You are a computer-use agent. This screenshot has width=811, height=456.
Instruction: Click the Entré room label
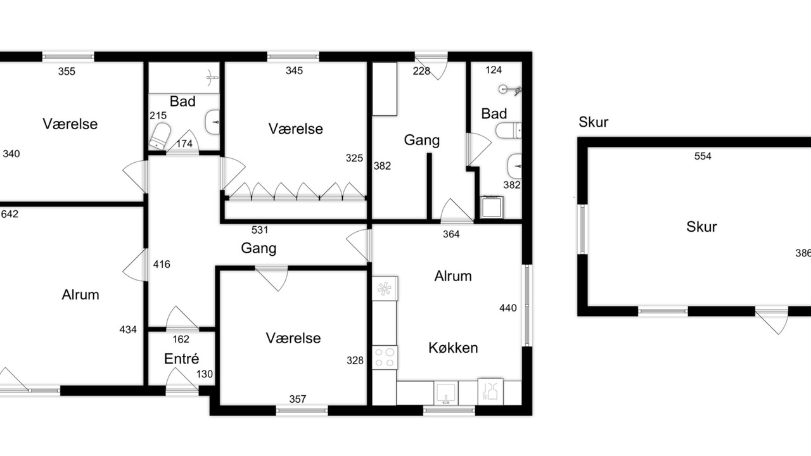coord(181,358)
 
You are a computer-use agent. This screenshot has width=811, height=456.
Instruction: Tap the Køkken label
coord(453,348)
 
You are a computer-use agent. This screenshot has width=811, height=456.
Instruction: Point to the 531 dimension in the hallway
coord(260,230)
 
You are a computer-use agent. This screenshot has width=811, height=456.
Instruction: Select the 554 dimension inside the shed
coord(703,156)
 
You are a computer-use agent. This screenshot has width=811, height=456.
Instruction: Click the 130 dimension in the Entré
coord(204,374)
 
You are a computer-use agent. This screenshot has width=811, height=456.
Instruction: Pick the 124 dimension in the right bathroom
coord(494,70)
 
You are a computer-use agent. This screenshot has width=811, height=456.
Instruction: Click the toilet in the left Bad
coord(160,136)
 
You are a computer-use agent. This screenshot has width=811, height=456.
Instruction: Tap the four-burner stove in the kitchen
coord(385,358)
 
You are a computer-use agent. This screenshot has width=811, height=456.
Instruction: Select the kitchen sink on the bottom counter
coord(446,393)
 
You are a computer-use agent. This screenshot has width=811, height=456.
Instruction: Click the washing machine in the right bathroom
coord(492,207)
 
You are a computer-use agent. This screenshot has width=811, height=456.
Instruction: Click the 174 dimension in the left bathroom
coord(184,144)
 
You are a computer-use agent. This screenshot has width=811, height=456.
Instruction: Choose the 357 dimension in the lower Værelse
coord(298,399)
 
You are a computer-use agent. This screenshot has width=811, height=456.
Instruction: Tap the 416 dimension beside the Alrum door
coord(162,264)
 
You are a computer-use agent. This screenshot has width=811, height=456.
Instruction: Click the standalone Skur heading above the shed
coord(594,122)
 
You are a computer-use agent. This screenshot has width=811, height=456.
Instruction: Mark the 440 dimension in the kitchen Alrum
coord(508,308)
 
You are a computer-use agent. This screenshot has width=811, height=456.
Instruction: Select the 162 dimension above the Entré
coord(181,339)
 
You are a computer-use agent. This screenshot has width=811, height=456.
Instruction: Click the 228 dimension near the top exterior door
coord(421,71)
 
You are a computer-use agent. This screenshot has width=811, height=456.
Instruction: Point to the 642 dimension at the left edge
coord(10,214)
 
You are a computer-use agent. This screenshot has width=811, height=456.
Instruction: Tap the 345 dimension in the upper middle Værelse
coord(294,70)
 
